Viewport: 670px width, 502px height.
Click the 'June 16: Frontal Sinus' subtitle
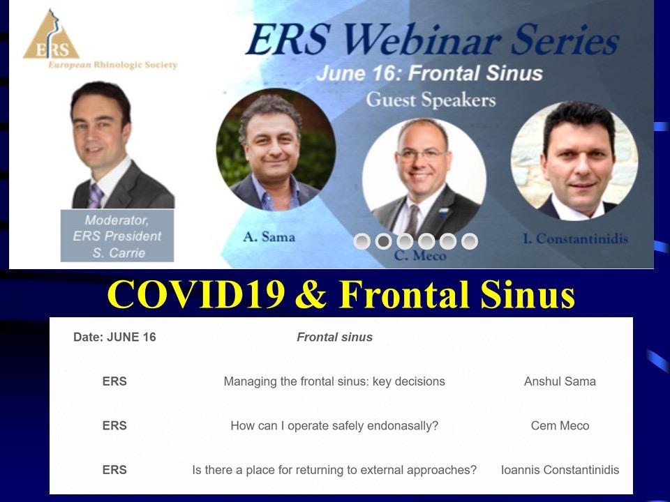pyautogui.click(x=429, y=73)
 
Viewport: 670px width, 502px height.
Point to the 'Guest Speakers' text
pyautogui.click(x=431, y=100)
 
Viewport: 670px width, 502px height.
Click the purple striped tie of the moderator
pyautogui.click(x=96, y=195)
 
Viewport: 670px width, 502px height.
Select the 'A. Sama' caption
pyautogui.click(x=269, y=236)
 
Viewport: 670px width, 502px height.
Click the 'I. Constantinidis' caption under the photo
pyautogui.click(x=576, y=238)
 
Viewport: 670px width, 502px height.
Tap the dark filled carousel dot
pyautogui.click(x=383, y=241)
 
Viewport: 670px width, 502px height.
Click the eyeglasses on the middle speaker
pyautogui.click(x=422, y=154)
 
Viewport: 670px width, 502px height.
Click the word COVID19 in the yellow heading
pyautogui.click(x=196, y=294)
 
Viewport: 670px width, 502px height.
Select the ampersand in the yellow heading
pyautogui.click(x=311, y=294)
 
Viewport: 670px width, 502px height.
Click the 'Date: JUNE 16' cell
pyautogui.click(x=114, y=337)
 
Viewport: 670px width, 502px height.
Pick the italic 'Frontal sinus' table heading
pyautogui.click(x=334, y=337)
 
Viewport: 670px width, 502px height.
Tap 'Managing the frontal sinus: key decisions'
pyautogui.click(x=334, y=381)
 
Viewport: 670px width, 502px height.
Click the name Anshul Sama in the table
pyautogui.click(x=560, y=381)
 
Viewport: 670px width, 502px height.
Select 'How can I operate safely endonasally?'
pyautogui.click(x=334, y=425)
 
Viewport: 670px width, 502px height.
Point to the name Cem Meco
pyautogui.click(x=560, y=425)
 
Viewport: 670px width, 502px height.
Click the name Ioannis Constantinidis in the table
pyautogui.click(x=560, y=470)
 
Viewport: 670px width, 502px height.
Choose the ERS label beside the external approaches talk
pyautogui.click(x=114, y=470)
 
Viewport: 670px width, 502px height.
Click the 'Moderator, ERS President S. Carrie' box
pyautogui.click(x=117, y=236)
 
